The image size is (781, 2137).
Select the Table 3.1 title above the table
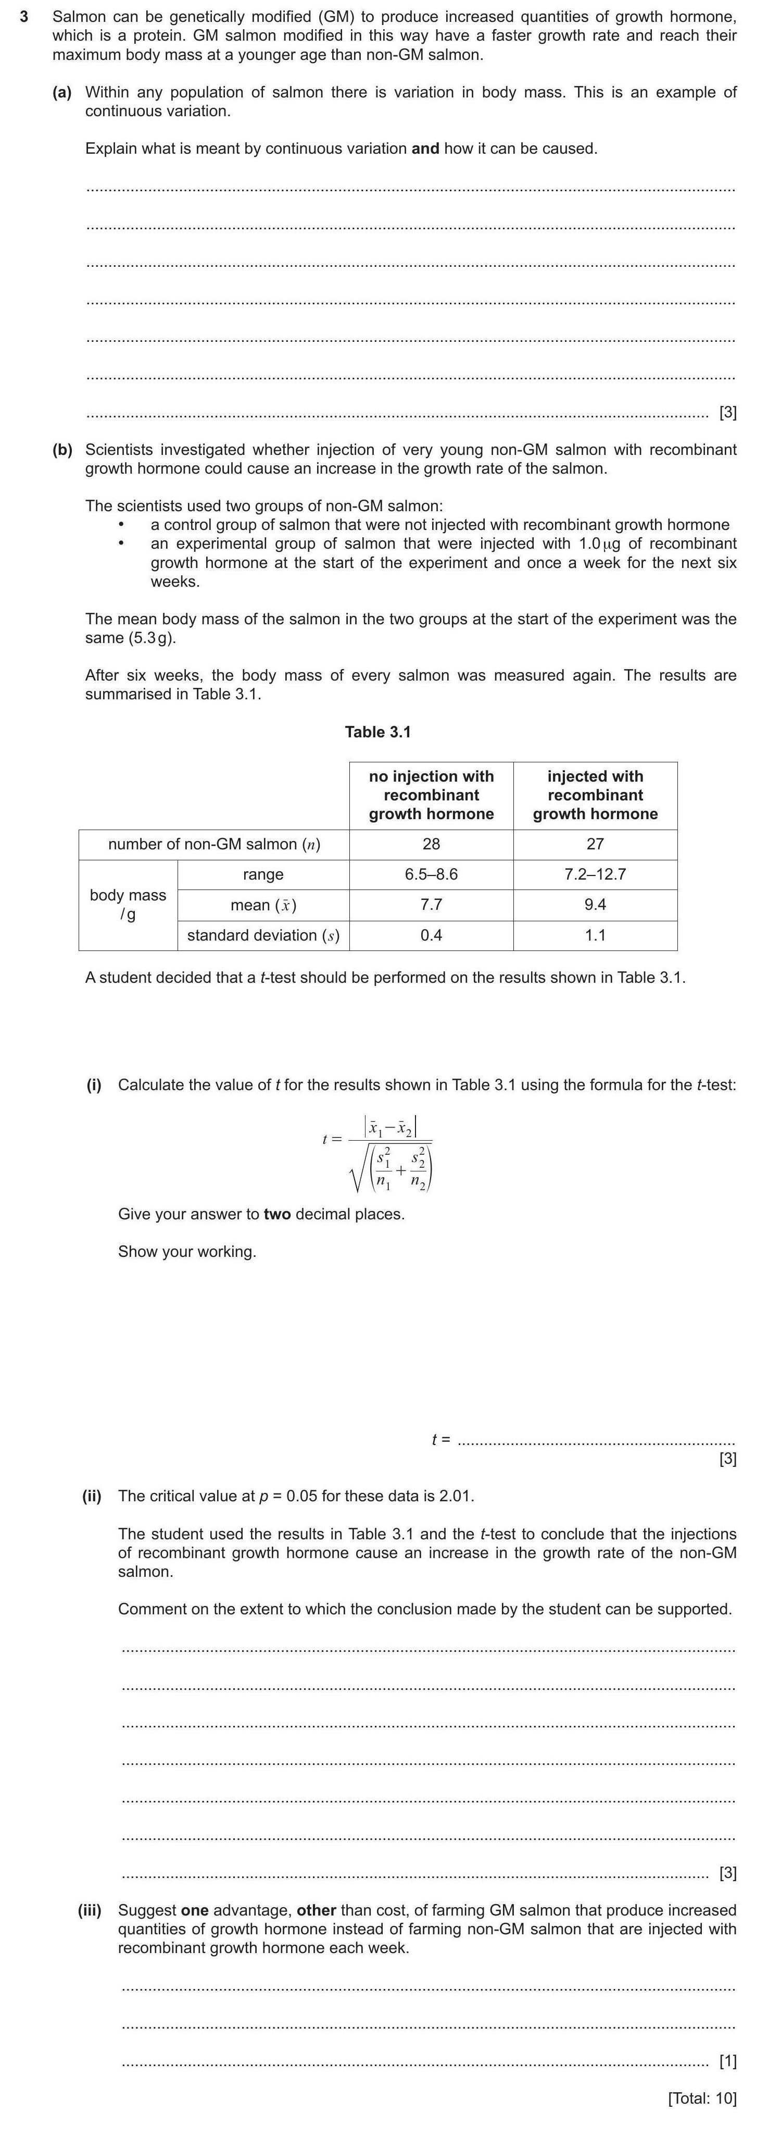[x=377, y=732]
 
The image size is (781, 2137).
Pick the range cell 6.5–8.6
[x=431, y=874]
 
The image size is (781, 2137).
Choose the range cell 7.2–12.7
[x=595, y=874]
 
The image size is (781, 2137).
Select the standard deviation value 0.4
[x=431, y=935]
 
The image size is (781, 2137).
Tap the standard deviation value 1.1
[x=595, y=935]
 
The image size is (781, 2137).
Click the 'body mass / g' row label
[x=128, y=904]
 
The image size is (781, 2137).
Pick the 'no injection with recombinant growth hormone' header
[x=431, y=795]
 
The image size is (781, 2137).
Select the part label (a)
[x=62, y=92]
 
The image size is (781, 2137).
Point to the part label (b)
[x=62, y=450]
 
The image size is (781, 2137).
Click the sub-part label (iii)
[x=90, y=1910]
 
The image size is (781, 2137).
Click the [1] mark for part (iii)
[x=727, y=2061]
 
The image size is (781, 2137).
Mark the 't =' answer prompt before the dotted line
[x=440, y=1439]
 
